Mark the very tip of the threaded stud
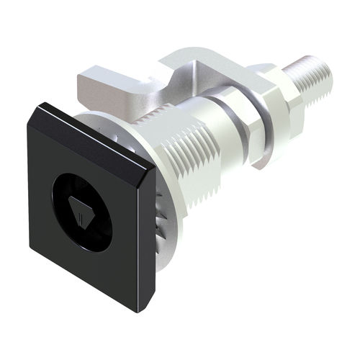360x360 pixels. (x=328, y=73)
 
